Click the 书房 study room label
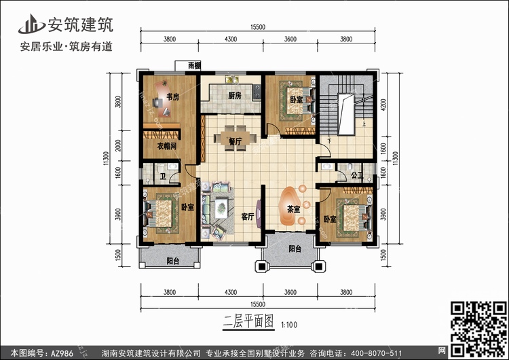click(x=172, y=96)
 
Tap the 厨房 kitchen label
click(x=234, y=96)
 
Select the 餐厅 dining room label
click(x=235, y=142)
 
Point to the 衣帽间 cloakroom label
click(x=167, y=146)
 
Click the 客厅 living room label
click(x=248, y=217)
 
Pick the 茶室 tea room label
click(x=294, y=210)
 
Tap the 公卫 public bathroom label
click(x=357, y=175)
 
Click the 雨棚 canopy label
click(x=195, y=66)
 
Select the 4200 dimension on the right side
click(x=383, y=105)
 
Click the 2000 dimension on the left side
click(x=118, y=145)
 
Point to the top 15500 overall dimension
click(x=258, y=27)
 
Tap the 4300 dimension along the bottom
click(x=231, y=292)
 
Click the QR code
click(x=478, y=329)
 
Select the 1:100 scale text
click(x=289, y=324)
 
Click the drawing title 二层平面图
click(x=248, y=321)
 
